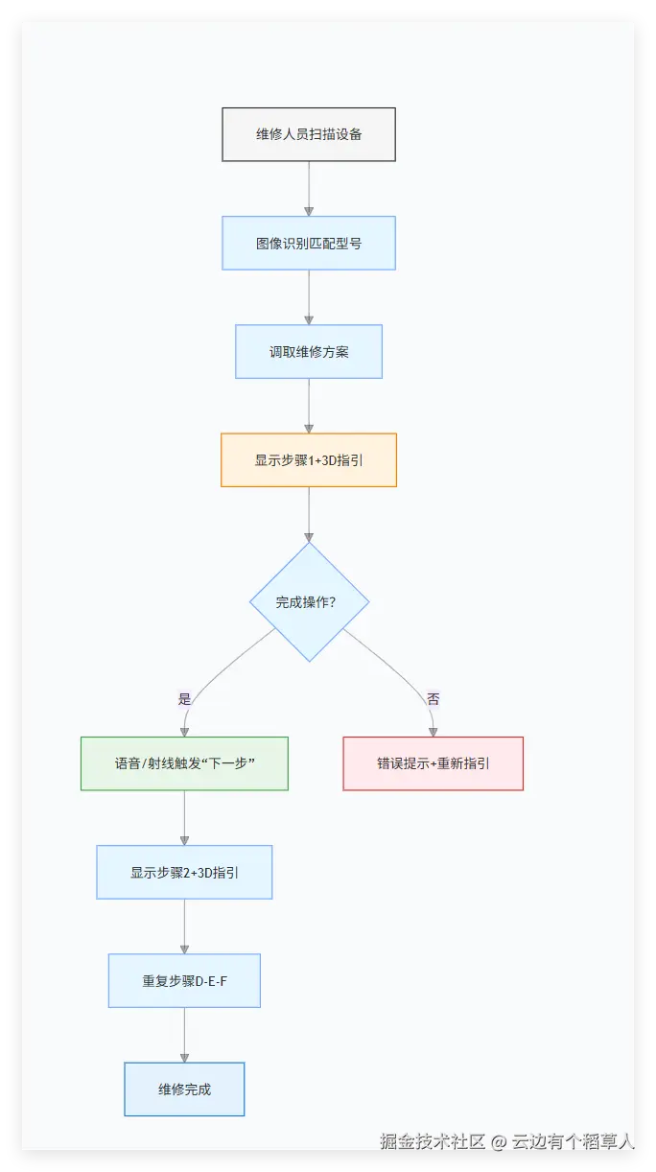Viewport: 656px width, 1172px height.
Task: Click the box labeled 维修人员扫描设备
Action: (309, 134)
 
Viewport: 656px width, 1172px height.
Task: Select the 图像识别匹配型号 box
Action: (309, 243)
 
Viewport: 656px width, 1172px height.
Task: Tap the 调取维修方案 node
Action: (309, 351)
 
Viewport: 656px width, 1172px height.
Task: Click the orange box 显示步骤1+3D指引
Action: (309, 459)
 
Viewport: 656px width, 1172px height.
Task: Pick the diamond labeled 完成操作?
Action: (309, 602)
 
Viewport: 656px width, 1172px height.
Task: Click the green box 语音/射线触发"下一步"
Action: (184, 763)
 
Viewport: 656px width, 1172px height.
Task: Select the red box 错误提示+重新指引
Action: (433, 763)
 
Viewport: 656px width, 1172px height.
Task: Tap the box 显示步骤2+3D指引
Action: (184, 872)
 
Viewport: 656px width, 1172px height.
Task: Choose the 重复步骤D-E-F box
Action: (184, 980)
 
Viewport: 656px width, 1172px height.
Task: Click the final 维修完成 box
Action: (184, 1089)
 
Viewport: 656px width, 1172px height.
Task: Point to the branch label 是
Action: (184, 699)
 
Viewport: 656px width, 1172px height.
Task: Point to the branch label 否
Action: (433, 699)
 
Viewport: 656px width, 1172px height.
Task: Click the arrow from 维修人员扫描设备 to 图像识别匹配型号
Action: (309, 188)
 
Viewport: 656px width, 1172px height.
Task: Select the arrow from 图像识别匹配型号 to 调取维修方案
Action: (309, 296)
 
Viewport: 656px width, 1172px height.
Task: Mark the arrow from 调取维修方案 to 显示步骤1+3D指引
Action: (309, 405)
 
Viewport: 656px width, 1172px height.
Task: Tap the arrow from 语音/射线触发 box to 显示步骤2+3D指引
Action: (184, 817)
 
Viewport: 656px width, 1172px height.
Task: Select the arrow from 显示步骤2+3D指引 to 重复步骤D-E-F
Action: (184, 926)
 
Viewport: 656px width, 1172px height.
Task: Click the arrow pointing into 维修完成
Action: (184, 1034)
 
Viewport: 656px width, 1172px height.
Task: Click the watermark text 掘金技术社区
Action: (433, 1141)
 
